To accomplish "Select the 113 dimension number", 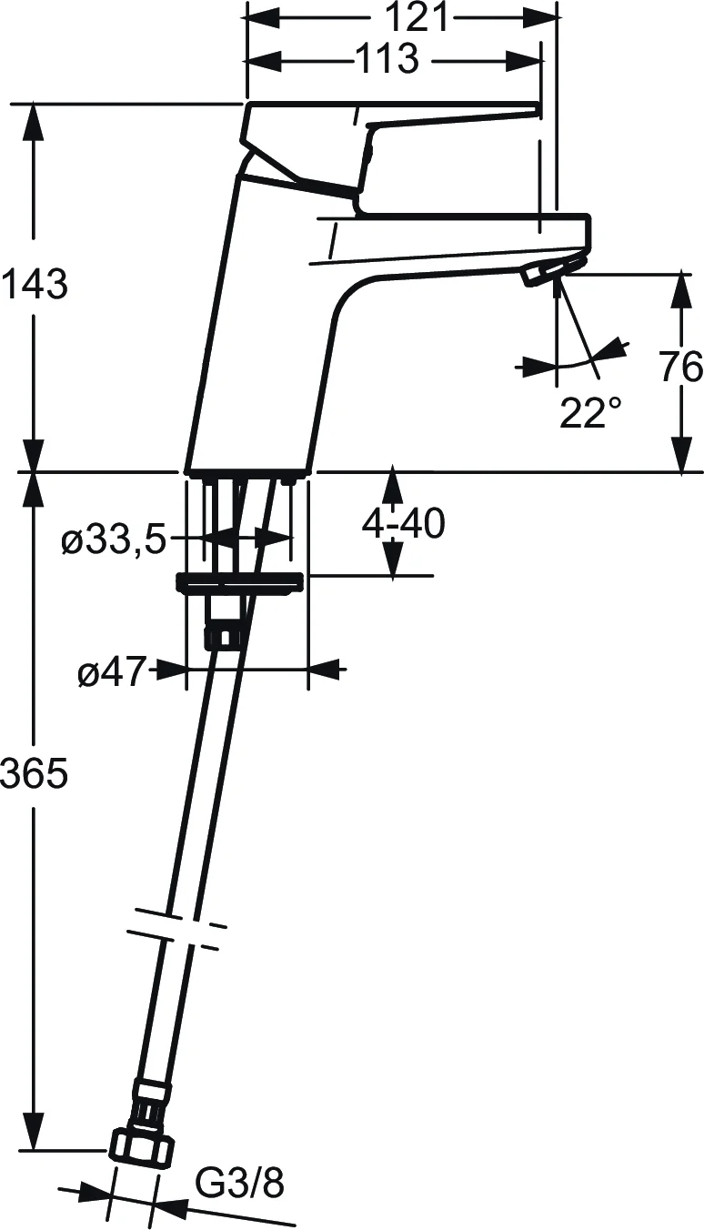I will (x=386, y=59).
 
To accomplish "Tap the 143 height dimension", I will (x=34, y=286).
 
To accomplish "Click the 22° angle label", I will (x=590, y=414).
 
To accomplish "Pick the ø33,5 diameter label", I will (x=114, y=542).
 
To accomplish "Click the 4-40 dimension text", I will (x=403, y=524).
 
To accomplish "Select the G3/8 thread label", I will (x=240, y=1184).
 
